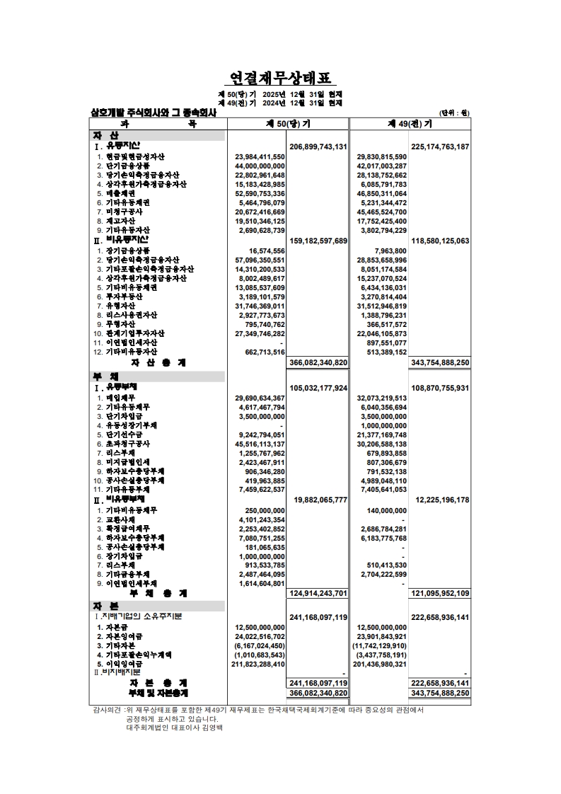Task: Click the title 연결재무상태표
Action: [281, 78]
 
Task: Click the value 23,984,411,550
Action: [255, 156]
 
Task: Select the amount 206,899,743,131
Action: [318, 146]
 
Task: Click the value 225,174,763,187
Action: [440, 146]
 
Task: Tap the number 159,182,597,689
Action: [318, 241]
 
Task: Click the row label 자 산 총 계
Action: [157, 362]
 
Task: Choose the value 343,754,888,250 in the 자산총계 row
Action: [440, 362]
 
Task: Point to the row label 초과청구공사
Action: [127, 444]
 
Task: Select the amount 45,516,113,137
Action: [255, 444]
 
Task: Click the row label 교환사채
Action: [122, 520]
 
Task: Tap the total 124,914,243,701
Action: [318, 593]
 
